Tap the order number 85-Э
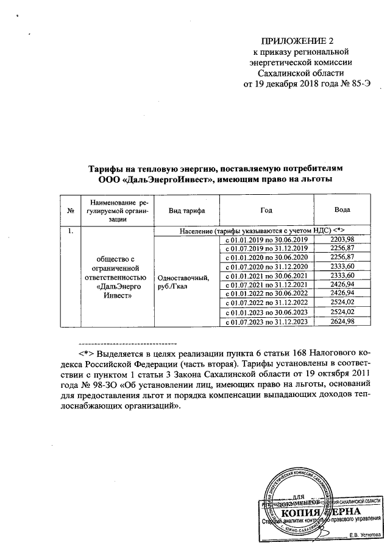click(x=358, y=83)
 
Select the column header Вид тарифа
click(x=186, y=210)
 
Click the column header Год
click(x=266, y=210)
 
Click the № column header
click(x=71, y=211)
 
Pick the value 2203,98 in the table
click(x=342, y=239)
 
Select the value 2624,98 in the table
click(x=342, y=321)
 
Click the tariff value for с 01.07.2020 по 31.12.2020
click(x=342, y=267)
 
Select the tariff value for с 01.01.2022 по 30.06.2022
click(x=342, y=294)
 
